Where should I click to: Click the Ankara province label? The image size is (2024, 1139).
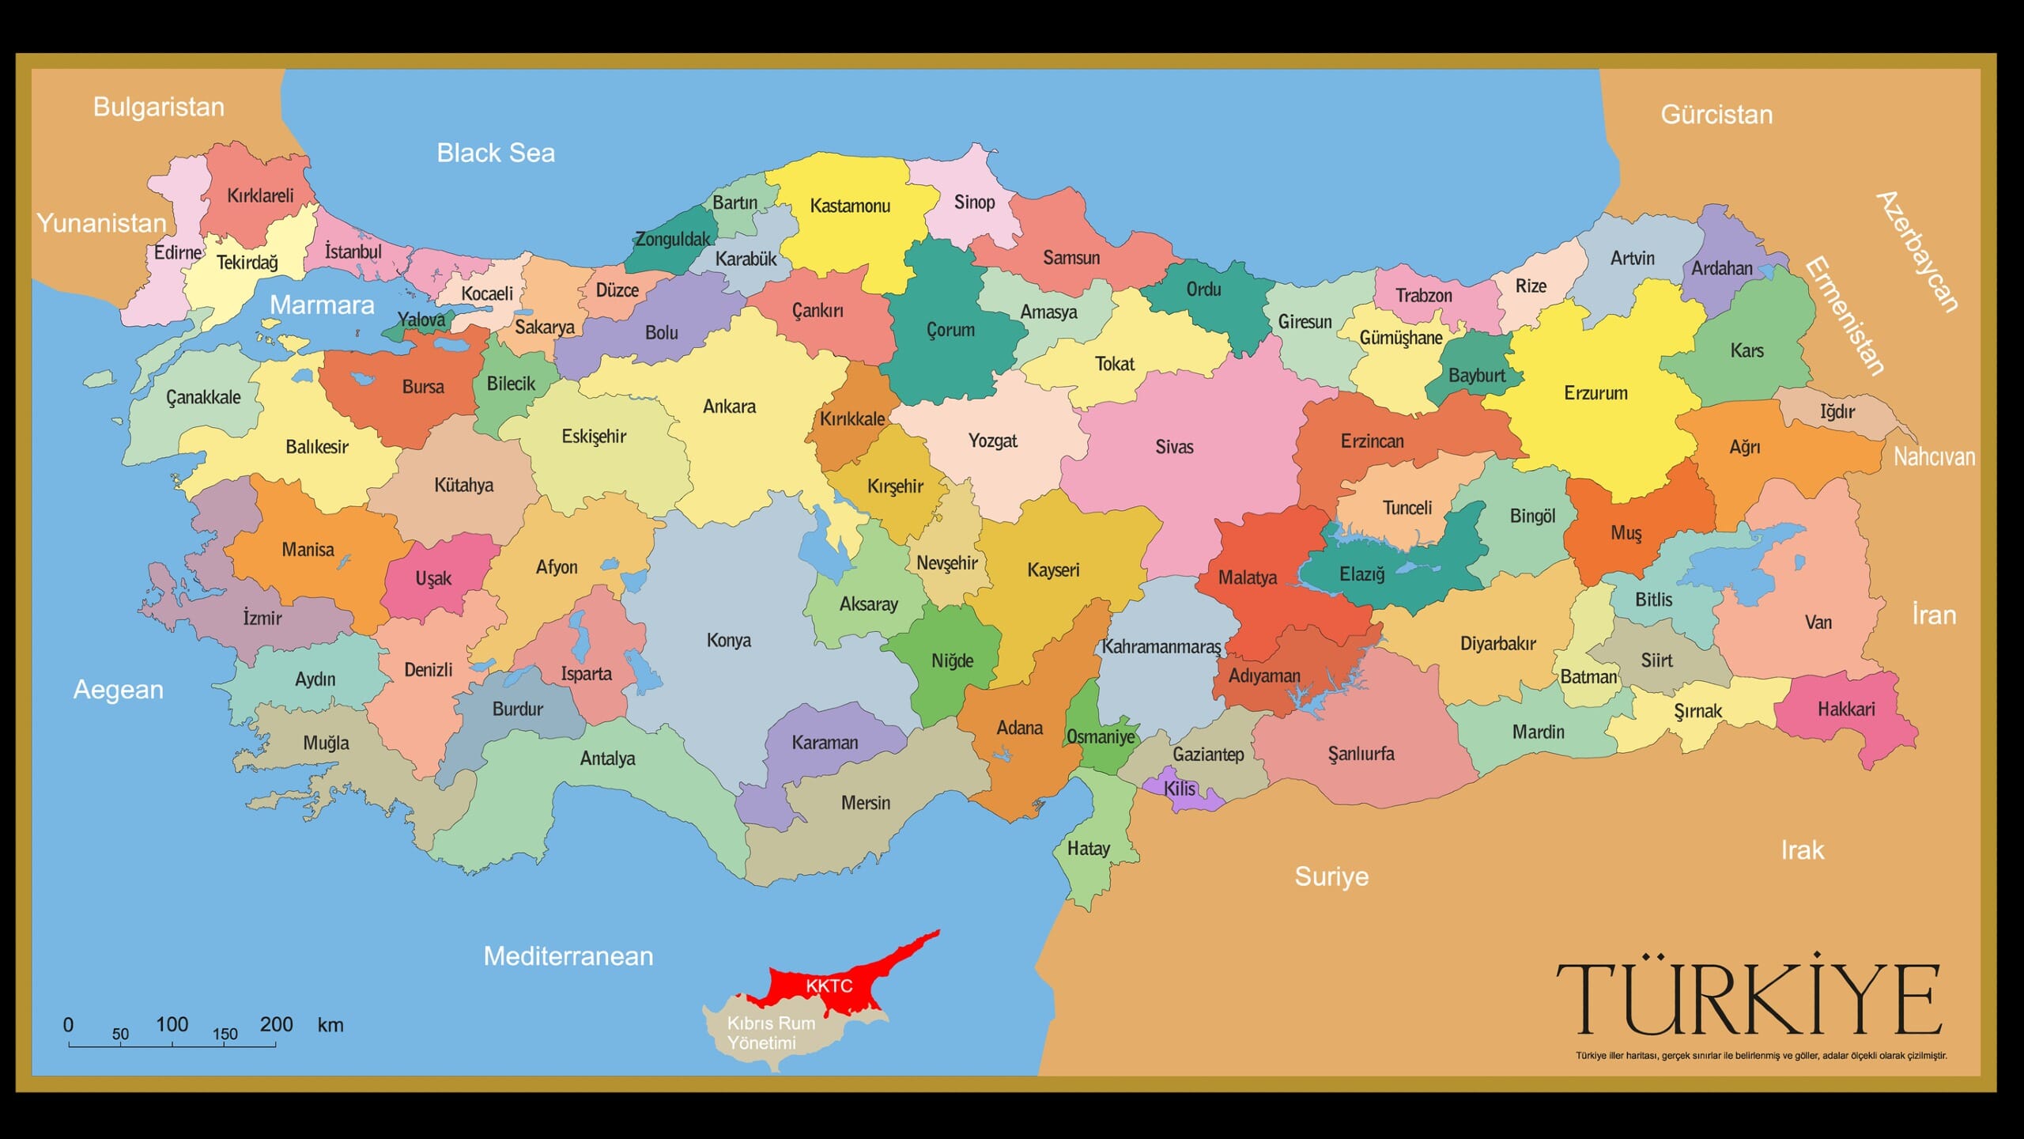pos(729,407)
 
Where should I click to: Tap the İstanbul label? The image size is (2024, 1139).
pos(353,252)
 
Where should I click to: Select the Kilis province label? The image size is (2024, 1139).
pos(1179,789)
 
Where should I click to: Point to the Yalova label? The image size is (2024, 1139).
pos(421,320)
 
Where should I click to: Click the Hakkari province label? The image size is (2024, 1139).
pos(1845,709)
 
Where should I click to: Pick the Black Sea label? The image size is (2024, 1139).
pos(496,153)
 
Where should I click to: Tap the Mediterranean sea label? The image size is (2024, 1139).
pos(568,956)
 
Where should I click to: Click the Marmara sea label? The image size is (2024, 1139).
pos(322,305)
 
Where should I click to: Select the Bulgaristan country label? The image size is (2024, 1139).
pos(159,107)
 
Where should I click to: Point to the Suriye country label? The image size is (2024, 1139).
pos(1331,876)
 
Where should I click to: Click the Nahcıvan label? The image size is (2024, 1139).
pos(1934,456)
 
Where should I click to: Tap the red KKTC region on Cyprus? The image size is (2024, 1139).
pos(829,986)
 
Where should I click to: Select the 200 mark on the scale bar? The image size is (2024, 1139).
pos(276,1025)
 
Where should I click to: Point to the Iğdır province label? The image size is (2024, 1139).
pos(1837,411)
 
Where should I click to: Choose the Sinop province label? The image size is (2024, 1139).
pos(974,202)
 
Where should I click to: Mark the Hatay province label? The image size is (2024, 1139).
pos(1088,849)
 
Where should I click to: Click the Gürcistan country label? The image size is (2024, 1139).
pos(1716,115)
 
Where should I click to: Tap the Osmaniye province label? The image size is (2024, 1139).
pos(1101,737)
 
